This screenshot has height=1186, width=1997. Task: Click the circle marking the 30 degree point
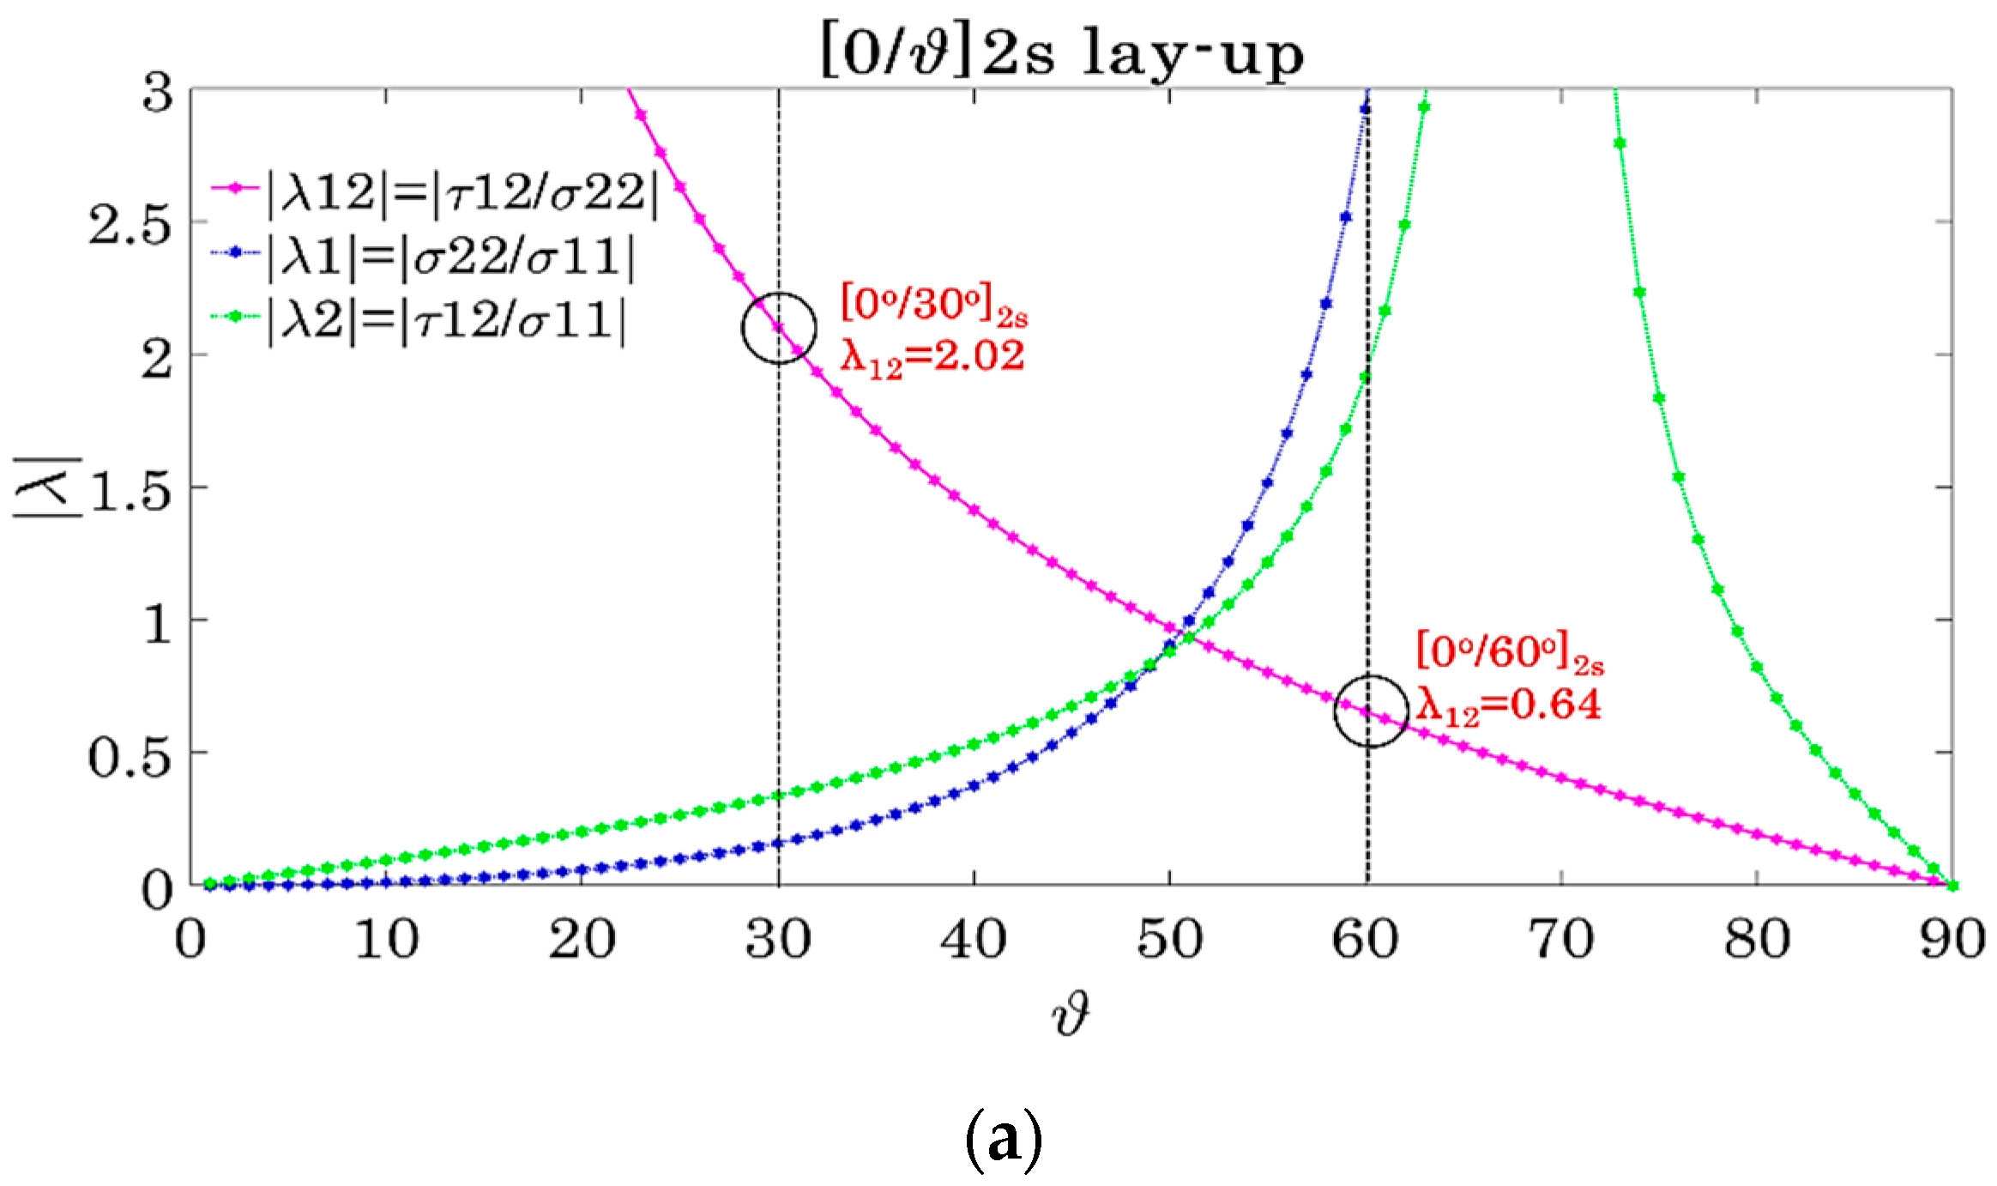779,327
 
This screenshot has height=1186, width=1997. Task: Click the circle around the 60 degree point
1371,711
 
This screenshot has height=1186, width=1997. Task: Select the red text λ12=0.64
1508,705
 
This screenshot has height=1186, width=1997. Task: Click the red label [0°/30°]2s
933,305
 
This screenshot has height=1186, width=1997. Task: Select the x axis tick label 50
1169,939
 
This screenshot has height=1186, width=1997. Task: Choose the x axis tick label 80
1757,939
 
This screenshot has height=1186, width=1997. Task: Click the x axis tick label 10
386,939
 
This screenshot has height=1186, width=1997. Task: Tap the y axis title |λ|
47,487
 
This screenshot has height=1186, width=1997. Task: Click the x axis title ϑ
1070,1014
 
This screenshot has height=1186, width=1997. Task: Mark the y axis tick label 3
158,93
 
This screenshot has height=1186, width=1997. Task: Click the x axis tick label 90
1952,939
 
